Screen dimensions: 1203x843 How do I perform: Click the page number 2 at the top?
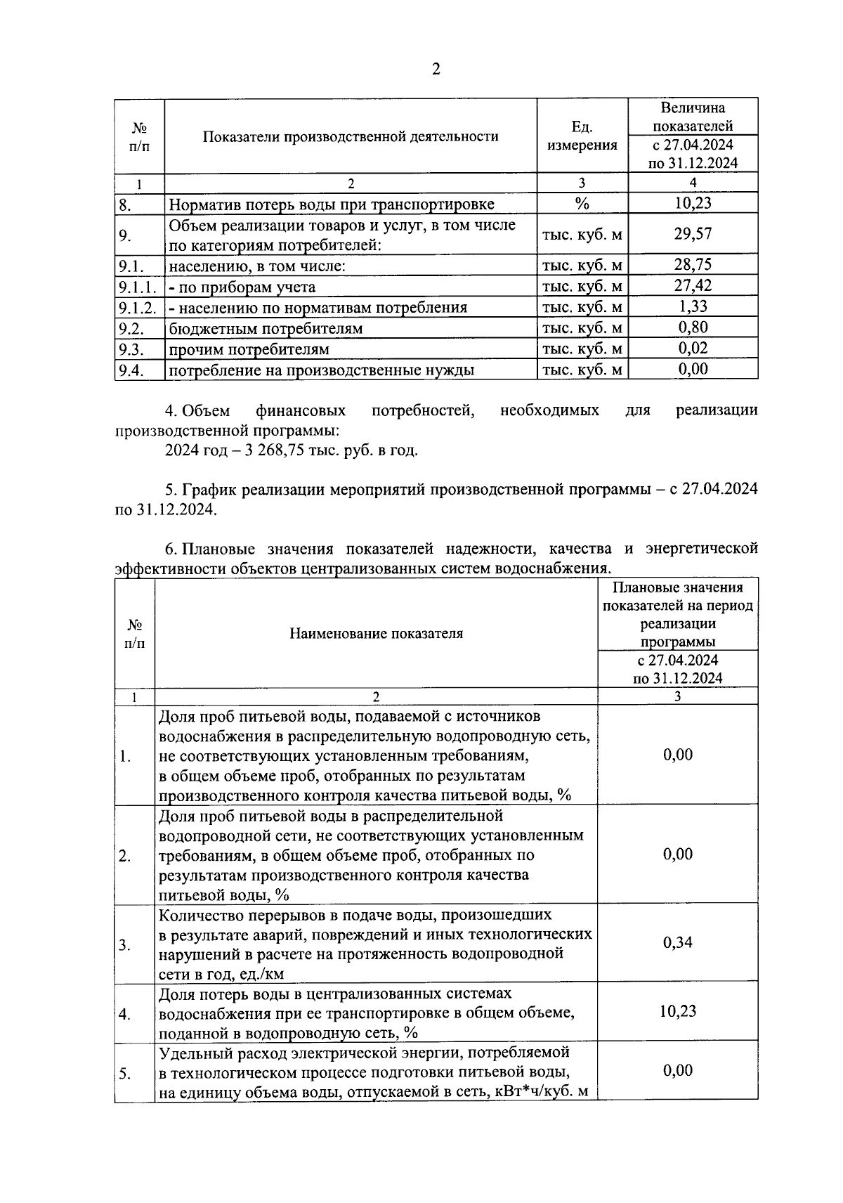click(436, 69)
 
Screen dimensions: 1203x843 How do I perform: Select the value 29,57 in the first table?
click(693, 234)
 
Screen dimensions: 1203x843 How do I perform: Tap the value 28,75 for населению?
click(693, 264)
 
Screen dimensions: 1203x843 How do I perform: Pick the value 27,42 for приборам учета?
click(693, 285)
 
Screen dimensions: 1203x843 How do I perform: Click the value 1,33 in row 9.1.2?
click(693, 306)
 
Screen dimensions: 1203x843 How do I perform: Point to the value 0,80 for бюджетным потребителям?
click(693, 327)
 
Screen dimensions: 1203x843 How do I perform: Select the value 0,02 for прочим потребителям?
click(693, 349)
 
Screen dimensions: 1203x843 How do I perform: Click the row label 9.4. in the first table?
click(131, 370)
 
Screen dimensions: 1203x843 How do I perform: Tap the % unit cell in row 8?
click(582, 204)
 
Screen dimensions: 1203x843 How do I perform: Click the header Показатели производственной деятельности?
click(351, 136)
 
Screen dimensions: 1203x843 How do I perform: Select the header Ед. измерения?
click(582, 136)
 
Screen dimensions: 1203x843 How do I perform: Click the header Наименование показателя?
click(376, 634)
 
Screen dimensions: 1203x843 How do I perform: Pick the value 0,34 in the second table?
click(677, 942)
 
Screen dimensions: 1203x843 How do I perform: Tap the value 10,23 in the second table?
click(677, 1011)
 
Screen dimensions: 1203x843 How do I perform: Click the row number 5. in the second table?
click(125, 1074)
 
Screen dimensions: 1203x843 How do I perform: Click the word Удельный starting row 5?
click(190, 1053)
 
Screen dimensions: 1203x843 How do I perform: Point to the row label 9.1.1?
click(137, 287)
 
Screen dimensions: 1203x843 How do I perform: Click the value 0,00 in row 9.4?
click(693, 369)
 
